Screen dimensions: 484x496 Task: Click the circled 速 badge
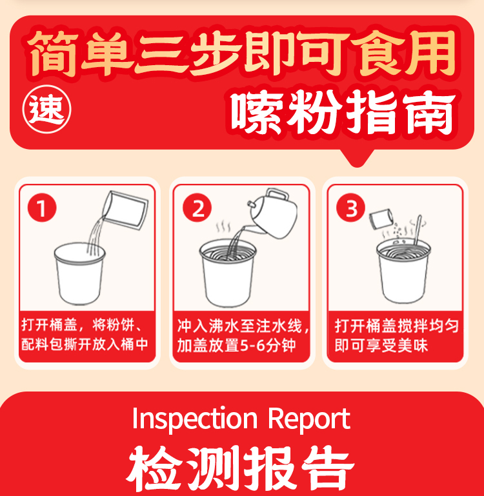(x=47, y=109)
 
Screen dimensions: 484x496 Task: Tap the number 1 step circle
(x=42, y=208)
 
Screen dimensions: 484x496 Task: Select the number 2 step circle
(x=197, y=208)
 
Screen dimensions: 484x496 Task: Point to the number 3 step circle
(x=350, y=208)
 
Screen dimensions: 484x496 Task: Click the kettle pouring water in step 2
(x=272, y=213)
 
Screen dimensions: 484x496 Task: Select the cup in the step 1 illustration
(x=80, y=273)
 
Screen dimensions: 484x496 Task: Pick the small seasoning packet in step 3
(x=381, y=219)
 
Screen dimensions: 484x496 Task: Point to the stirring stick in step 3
(x=418, y=230)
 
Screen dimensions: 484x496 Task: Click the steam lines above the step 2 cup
(x=223, y=226)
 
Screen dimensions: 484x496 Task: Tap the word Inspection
(x=195, y=419)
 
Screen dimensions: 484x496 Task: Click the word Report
(x=309, y=419)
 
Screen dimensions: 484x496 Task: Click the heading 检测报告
(x=241, y=468)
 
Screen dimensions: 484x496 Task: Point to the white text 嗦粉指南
(x=343, y=112)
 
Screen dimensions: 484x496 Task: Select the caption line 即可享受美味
(x=381, y=346)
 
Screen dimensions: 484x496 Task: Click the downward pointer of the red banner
(x=357, y=158)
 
